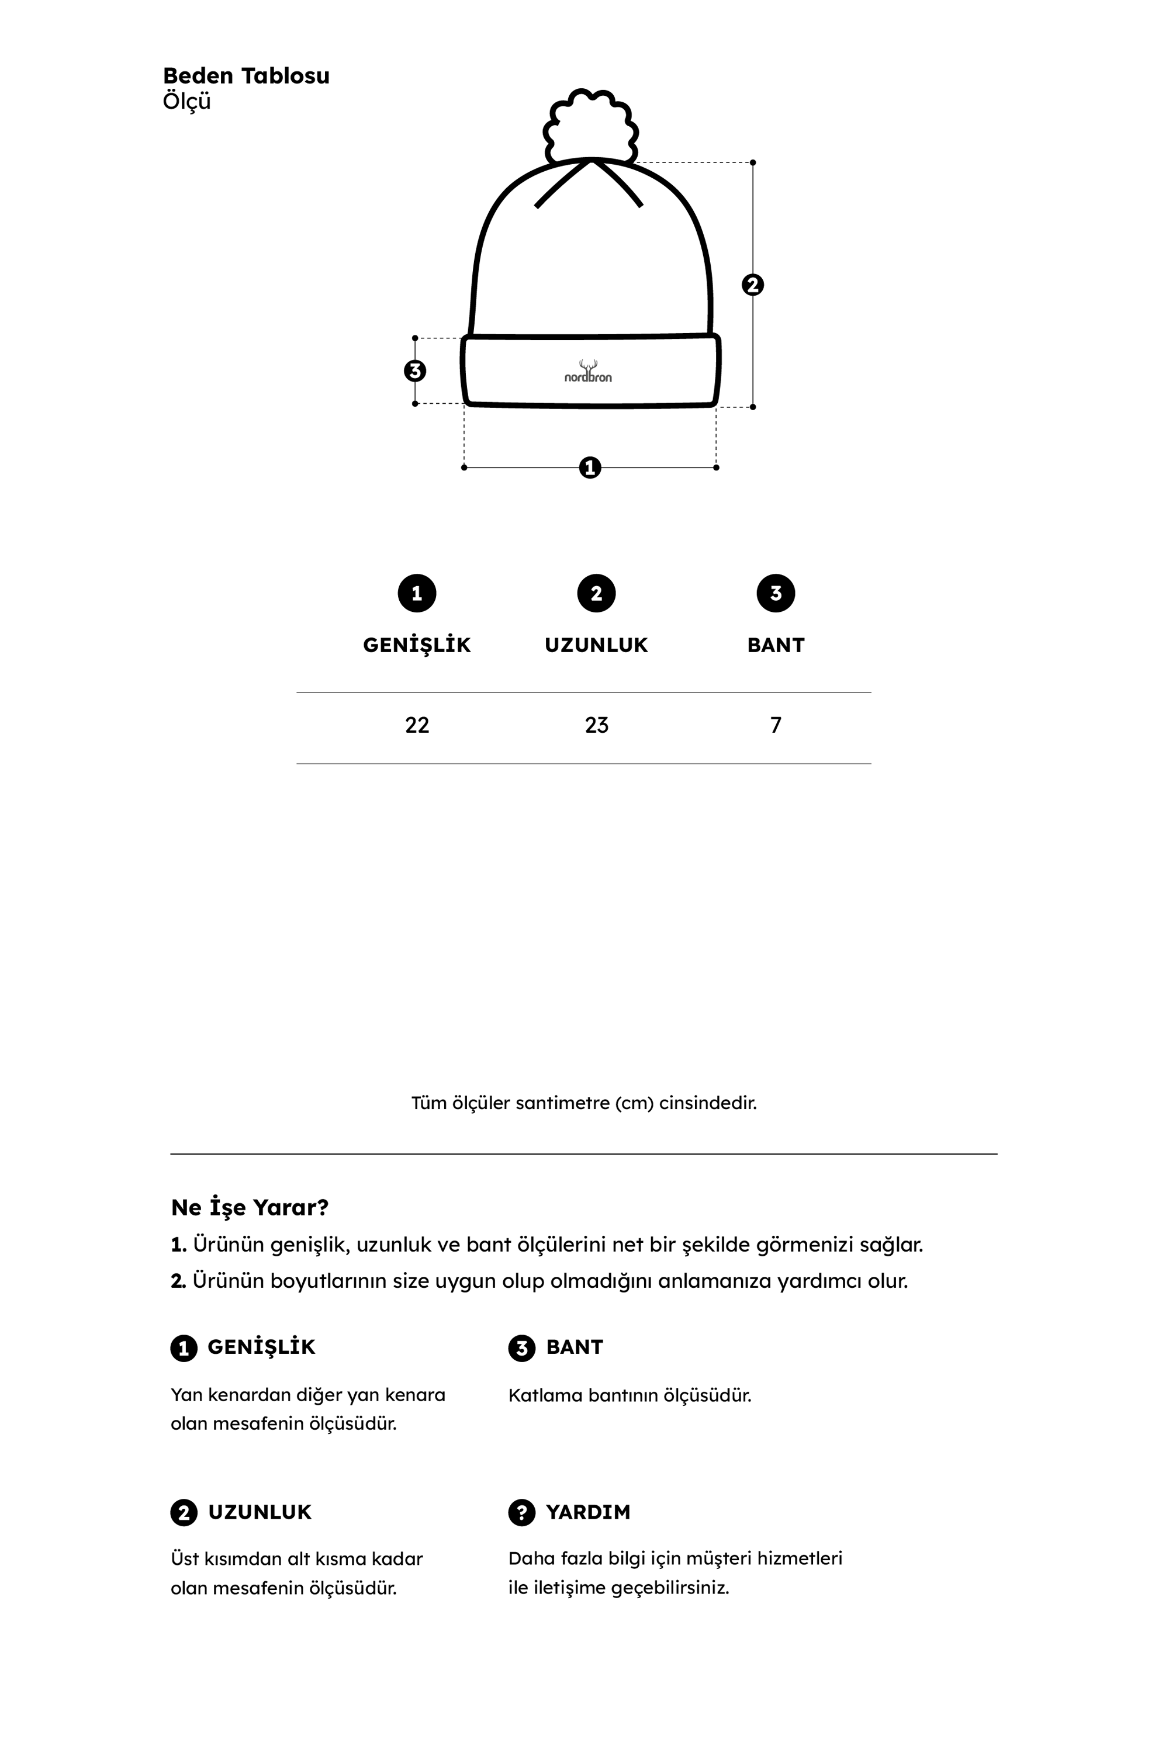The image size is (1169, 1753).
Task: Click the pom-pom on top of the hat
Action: pyautogui.click(x=590, y=125)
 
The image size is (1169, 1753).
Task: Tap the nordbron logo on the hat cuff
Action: pyautogui.click(x=588, y=373)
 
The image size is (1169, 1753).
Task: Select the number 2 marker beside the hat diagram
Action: pyautogui.click(x=753, y=285)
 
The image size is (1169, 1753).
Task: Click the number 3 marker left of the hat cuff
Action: pyautogui.click(x=415, y=370)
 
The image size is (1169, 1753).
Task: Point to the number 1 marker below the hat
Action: pyautogui.click(x=590, y=468)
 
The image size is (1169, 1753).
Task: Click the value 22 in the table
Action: pyautogui.click(x=417, y=725)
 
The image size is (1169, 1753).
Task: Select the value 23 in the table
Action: pyautogui.click(x=596, y=725)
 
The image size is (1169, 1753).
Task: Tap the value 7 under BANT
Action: pyautogui.click(x=776, y=725)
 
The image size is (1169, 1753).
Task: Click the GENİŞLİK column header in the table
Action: pyautogui.click(x=417, y=646)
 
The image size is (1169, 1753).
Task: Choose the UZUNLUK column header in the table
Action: pyautogui.click(x=596, y=646)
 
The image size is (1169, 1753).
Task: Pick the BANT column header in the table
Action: pyautogui.click(x=776, y=646)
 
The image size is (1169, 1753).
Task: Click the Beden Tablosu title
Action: pyautogui.click(x=246, y=76)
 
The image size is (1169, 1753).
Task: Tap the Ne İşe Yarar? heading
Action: pyautogui.click(x=250, y=1207)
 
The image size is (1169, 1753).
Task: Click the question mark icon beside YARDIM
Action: pyautogui.click(x=522, y=1512)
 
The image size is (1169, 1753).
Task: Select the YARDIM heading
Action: pyautogui.click(x=587, y=1512)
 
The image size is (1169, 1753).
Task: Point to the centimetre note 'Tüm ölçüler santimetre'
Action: pyautogui.click(x=584, y=1103)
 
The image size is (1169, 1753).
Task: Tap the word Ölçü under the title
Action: pyautogui.click(x=186, y=101)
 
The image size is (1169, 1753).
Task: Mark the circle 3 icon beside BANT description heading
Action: pyautogui.click(x=522, y=1347)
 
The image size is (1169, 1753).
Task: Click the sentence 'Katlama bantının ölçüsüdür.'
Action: pyautogui.click(x=630, y=1395)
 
